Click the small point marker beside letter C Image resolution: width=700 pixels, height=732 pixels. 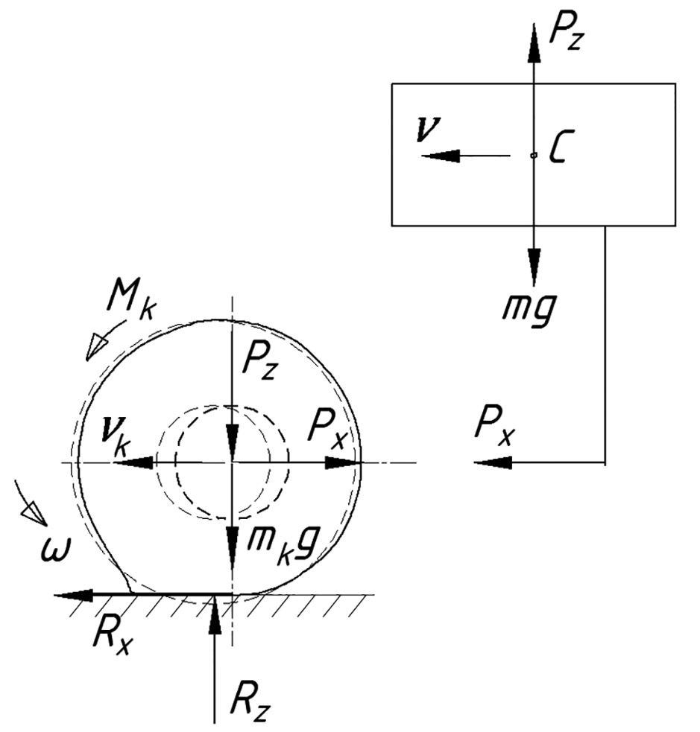click(x=533, y=155)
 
